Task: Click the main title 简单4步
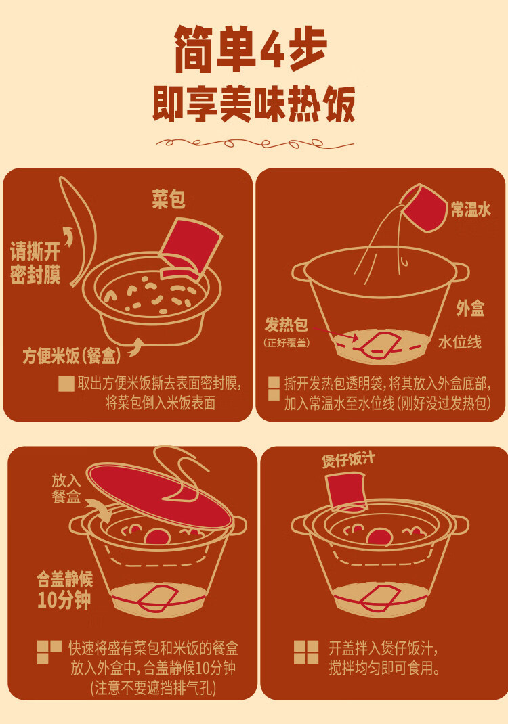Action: (x=251, y=49)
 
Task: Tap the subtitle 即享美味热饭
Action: (x=254, y=104)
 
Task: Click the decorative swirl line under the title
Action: (x=255, y=143)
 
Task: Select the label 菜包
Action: (x=168, y=199)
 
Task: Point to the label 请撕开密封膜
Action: (x=35, y=264)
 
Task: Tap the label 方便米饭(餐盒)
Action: (x=72, y=355)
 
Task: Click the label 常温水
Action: (x=471, y=210)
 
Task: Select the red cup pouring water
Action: (x=423, y=208)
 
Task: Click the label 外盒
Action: (x=470, y=308)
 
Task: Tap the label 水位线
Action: (x=459, y=342)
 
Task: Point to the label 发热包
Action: (x=286, y=325)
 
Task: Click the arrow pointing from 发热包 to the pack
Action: (x=335, y=334)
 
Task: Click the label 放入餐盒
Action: (x=66, y=489)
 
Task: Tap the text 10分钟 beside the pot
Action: (x=64, y=600)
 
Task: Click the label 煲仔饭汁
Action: (x=348, y=460)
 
